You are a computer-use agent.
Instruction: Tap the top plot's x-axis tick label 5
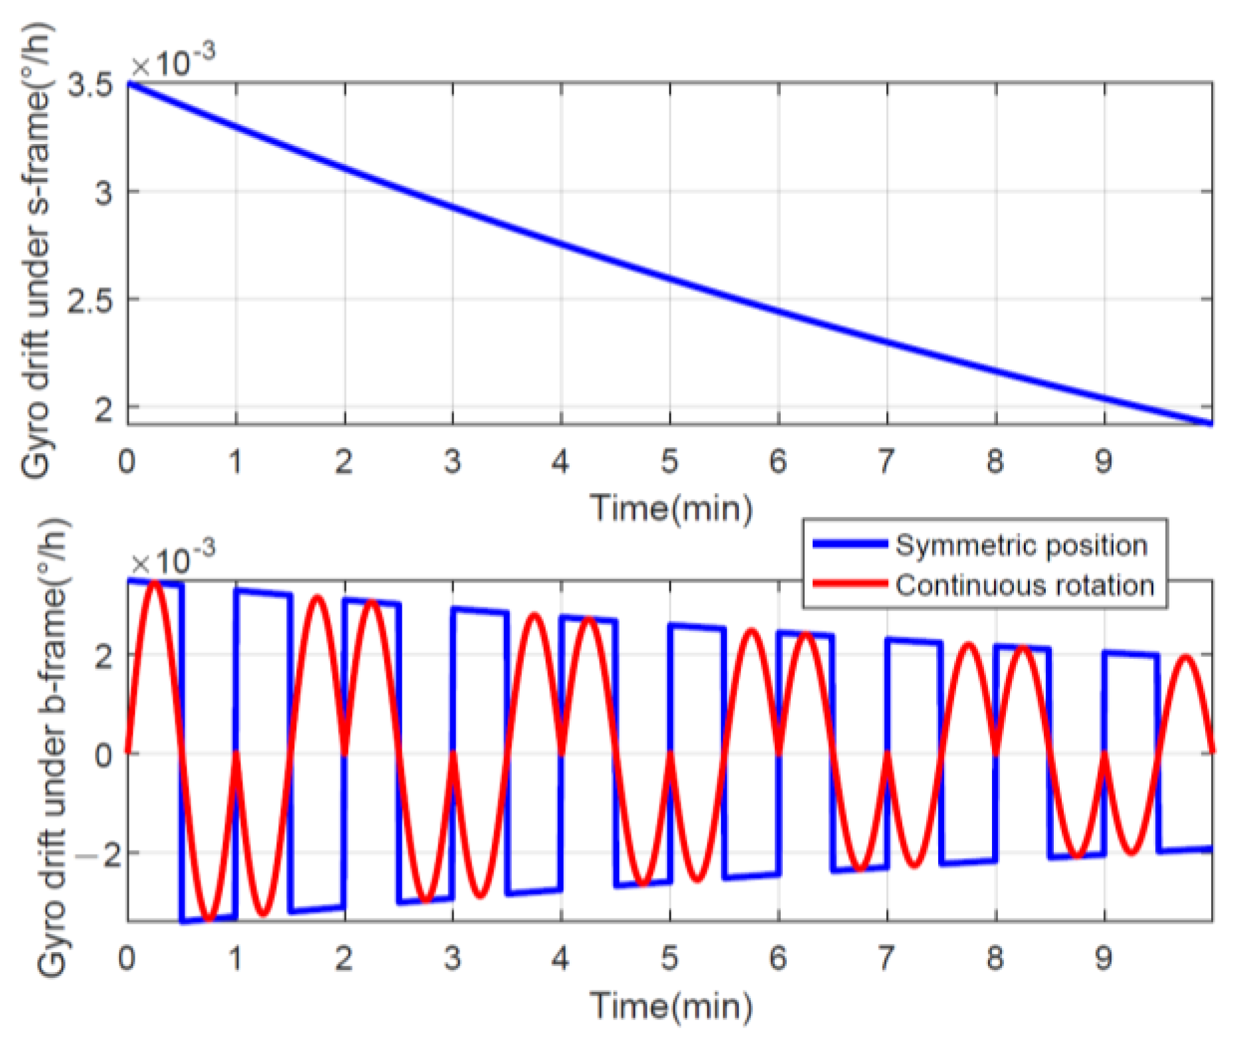coord(669,460)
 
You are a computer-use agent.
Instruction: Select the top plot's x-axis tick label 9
coord(1104,460)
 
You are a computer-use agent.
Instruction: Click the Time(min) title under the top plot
coord(671,510)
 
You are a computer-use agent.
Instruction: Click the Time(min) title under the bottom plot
coord(671,1006)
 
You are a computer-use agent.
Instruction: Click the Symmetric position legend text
coord(1021,545)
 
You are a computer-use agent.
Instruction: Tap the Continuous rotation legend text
coord(1025,586)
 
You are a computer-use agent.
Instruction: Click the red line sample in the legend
coord(851,585)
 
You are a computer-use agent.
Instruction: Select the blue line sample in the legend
coord(851,544)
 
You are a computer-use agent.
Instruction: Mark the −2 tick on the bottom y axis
coord(98,853)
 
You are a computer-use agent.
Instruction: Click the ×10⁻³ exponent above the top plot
coord(173,62)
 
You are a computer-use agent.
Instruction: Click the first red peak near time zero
coord(155,583)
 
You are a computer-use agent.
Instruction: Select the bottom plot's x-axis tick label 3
coord(452,958)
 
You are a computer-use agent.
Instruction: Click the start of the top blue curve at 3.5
coord(129,84)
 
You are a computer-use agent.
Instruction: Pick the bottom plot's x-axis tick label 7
coord(886,958)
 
